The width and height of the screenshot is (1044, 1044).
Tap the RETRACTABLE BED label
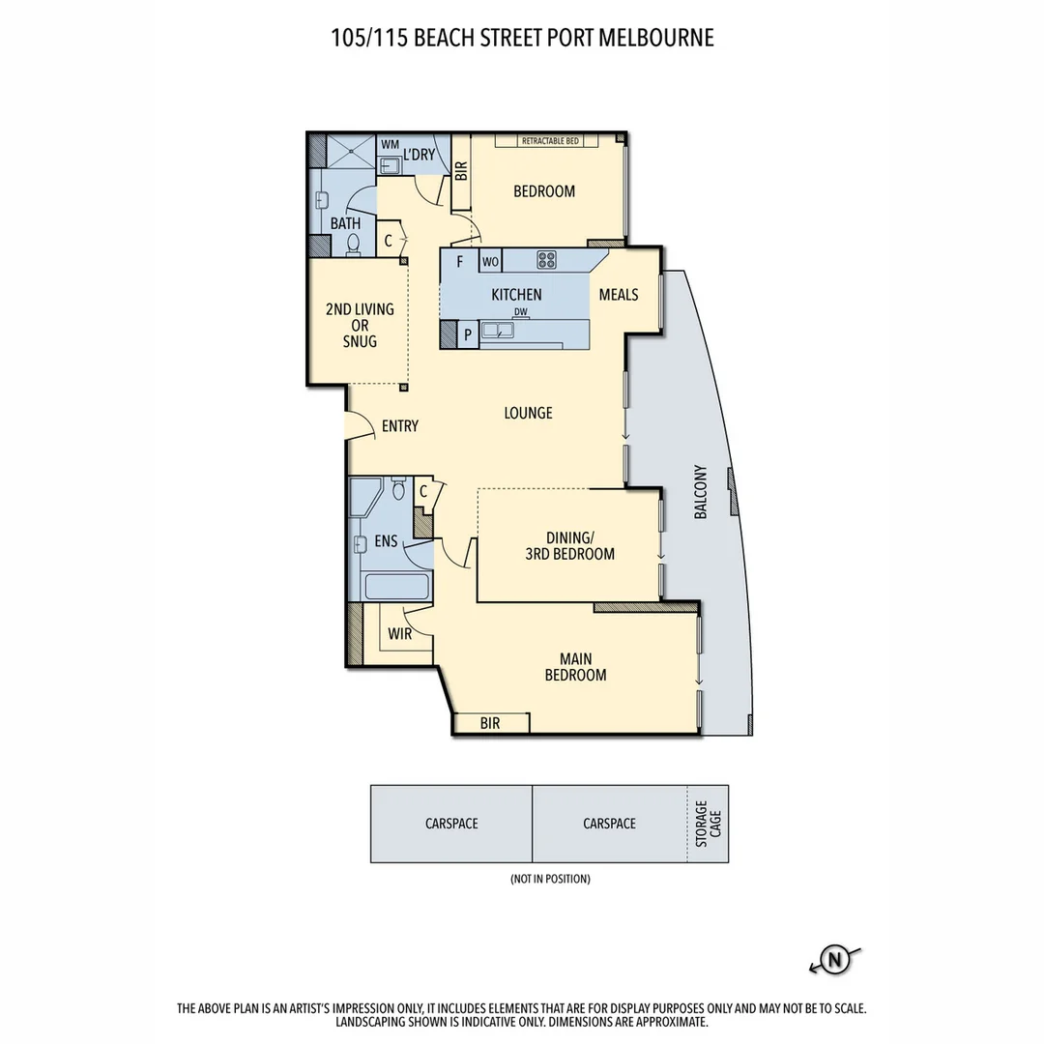550,141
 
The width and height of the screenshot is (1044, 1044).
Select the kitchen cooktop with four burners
547,259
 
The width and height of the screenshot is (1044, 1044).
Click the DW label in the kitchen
521,311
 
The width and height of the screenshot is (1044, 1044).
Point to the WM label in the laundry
390,144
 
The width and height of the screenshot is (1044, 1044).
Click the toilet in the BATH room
353,245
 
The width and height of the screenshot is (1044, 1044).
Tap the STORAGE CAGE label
708,824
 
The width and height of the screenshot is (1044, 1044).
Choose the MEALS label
619,295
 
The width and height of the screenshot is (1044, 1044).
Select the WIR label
401,634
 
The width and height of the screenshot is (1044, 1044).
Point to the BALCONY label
701,493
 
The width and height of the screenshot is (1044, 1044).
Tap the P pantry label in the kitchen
468,334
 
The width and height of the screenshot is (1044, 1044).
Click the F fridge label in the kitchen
460,261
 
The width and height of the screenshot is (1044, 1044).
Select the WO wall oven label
490,261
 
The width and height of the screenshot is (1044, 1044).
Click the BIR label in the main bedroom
490,723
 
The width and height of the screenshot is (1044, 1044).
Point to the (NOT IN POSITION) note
549,879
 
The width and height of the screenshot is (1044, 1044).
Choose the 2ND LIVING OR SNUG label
360,326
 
